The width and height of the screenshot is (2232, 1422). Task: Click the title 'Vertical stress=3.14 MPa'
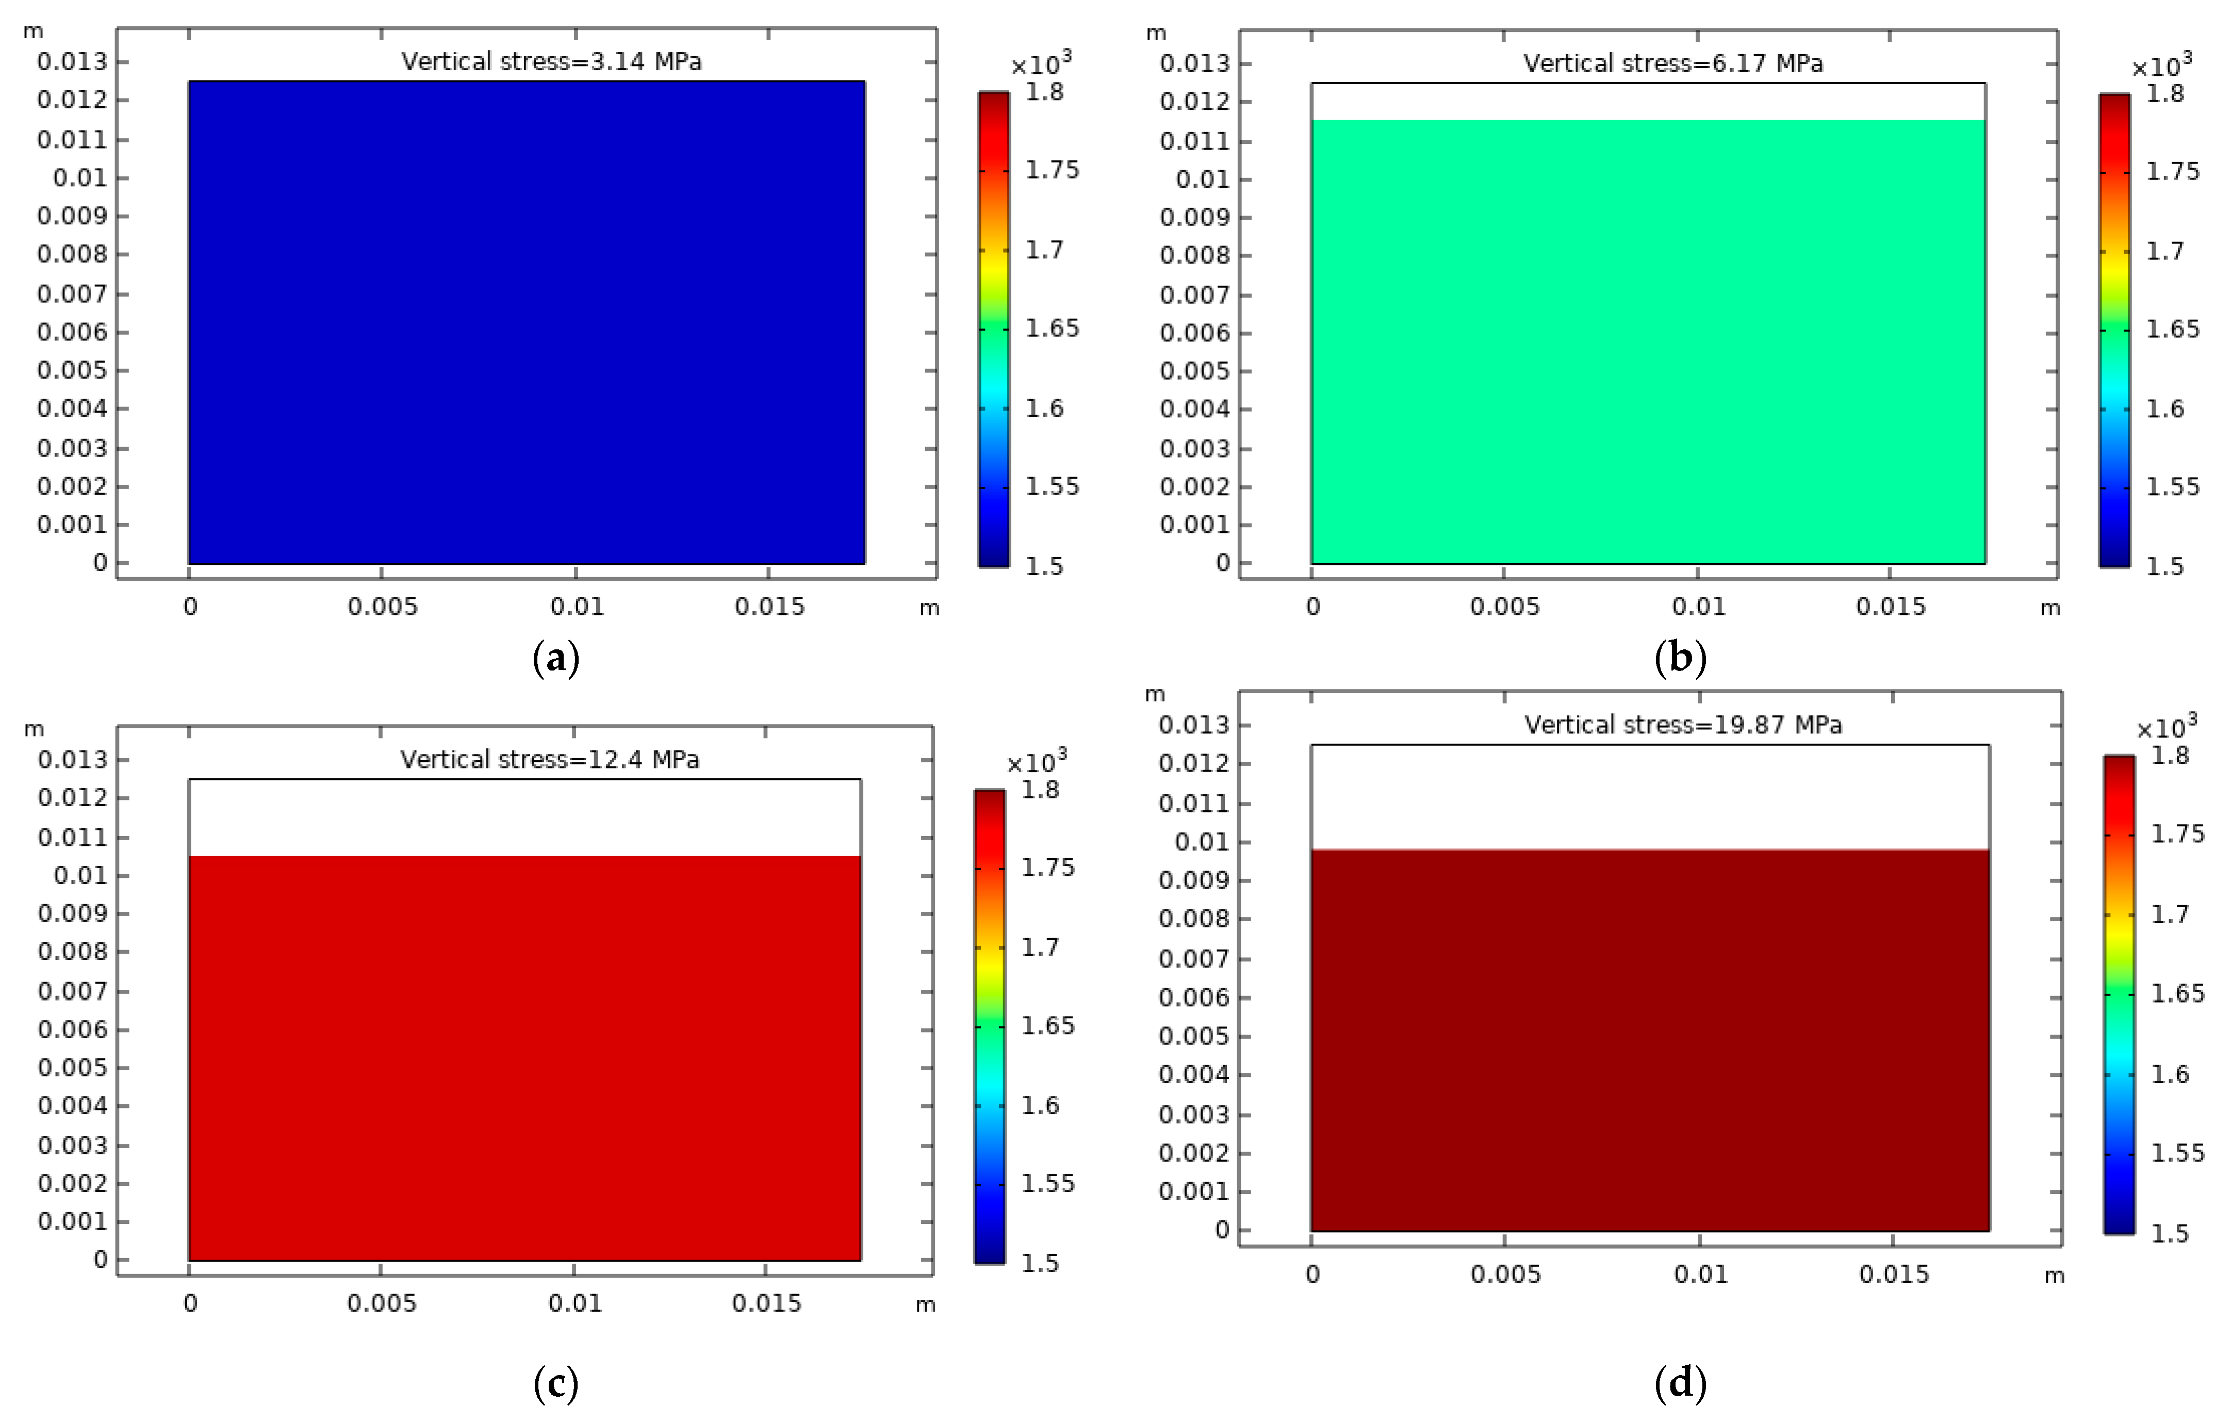coord(551,62)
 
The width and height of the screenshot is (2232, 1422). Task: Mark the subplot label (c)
coord(556,1383)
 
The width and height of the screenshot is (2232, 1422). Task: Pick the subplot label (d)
coord(1680,1383)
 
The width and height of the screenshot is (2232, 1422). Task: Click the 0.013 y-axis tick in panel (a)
coord(72,62)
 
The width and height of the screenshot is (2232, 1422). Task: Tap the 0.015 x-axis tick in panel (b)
coord(1890,607)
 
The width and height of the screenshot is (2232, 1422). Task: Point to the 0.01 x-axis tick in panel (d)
coord(1701,1274)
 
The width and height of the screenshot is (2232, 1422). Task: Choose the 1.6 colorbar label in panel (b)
coord(2165,409)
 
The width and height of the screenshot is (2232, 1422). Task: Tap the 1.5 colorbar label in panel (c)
coord(1040,1264)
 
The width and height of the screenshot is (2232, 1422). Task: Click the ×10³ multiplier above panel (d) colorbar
coord(2165,728)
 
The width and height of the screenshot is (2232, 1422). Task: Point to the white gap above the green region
coord(1648,102)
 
